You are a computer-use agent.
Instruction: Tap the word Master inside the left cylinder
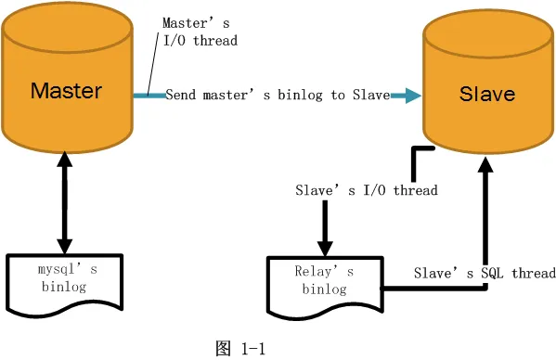[x=66, y=91]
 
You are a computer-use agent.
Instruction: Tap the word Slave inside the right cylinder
[x=487, y=95]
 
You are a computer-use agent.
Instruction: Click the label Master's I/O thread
[x=200, y=32]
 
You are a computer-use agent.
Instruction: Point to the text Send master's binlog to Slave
[x=277, y=95]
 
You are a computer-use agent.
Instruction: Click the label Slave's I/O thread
[x=366, y=190]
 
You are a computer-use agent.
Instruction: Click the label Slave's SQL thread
[x=485, y=273]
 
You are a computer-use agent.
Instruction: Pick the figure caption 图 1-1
[x=240, y=349]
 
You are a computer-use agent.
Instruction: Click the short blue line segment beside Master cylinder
[x=148, y=95]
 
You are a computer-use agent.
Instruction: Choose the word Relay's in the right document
[x=324, y=272]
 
